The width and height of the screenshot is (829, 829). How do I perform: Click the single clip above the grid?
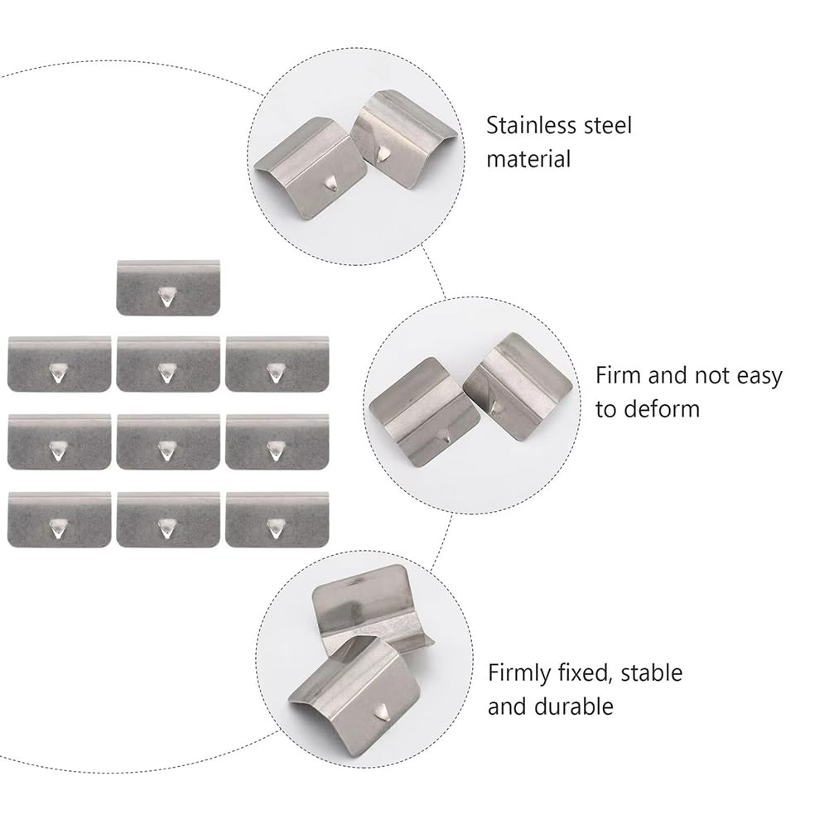(x=168, y=287)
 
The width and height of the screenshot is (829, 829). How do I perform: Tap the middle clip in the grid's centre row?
(x=168, y=442)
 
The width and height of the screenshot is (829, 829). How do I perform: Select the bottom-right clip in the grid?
(x=277, y=520)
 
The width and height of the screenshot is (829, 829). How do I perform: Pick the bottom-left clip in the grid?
(x=60, y=520)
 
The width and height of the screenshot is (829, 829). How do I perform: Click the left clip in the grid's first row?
(x=60, y=364)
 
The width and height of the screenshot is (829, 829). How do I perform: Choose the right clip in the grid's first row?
(x=277, y=364)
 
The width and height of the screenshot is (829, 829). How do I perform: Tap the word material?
(x=528, y=159)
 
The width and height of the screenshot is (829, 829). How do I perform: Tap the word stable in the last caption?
(x=651, y=673)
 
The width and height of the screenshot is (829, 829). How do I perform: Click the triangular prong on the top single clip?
(x=166, y=296)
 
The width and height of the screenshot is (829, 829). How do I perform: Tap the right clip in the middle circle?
(x=518, y=387)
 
